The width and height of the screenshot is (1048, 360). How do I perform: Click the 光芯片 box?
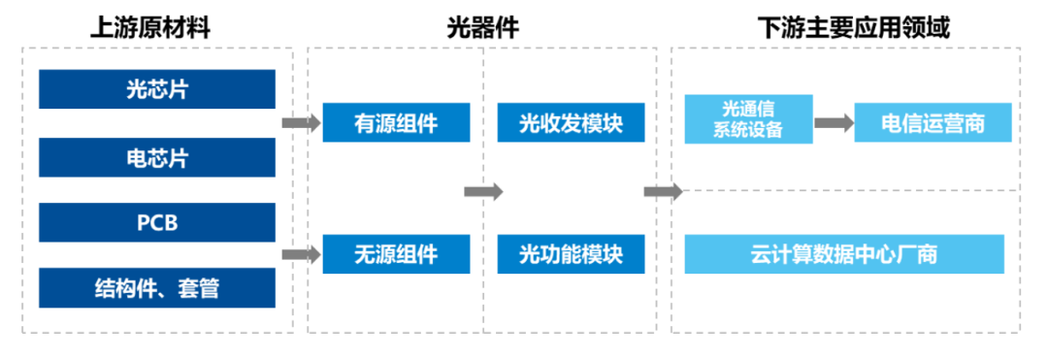click(156, 90)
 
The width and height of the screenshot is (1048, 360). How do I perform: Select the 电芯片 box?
click(156, 156)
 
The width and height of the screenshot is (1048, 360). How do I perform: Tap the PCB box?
click(156, 223)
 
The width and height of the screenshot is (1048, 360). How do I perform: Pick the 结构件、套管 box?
click(156, 288)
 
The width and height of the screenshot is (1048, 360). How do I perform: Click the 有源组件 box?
click(396, 123)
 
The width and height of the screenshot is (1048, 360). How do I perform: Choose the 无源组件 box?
click(396, 254)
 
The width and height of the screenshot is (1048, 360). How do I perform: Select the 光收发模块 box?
click(571, 123)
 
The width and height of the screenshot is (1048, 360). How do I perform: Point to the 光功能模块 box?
click(571, 254)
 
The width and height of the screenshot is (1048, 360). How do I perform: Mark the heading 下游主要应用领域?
click(853, 26)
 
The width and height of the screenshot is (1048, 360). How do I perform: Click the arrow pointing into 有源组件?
click(300, 123)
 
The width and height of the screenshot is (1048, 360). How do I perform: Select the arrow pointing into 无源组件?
click(300, 255)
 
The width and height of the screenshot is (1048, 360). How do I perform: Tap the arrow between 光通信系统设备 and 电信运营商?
click(833, 123)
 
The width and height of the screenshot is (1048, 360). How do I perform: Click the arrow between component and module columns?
click(483, 191)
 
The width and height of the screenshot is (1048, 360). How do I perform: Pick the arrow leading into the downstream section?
click(663, 191)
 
